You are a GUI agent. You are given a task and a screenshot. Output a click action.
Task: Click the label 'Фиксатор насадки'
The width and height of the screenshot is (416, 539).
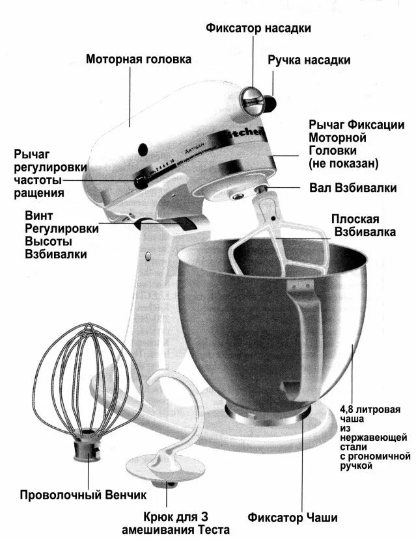point(258,28)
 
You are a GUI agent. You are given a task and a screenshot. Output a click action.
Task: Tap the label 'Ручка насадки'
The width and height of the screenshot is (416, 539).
point(309,60)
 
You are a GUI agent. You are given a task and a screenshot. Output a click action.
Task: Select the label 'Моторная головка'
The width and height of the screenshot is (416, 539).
point(139,59)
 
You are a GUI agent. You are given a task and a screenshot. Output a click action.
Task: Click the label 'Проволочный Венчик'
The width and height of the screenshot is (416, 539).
point(83,495)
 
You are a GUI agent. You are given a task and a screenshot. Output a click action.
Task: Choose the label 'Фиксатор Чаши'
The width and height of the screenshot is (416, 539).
point(292,518)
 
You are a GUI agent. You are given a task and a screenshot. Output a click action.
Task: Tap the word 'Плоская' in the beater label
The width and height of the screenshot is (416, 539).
point(355,219)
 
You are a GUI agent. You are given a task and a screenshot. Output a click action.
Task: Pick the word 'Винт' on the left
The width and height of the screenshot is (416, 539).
point(38,215)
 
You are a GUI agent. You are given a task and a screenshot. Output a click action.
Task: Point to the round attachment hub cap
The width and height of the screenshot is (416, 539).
point(251,99)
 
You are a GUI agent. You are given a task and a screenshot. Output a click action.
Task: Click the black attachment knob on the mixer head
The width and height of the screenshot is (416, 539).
point(270,103)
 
